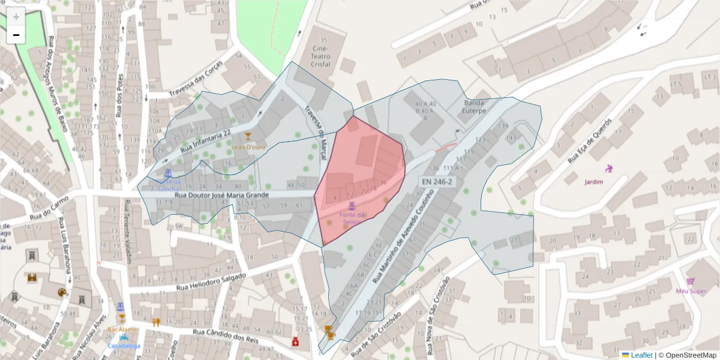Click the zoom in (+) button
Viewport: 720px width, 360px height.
pyautogui.click(x=16, y=17)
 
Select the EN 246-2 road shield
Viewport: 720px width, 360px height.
pyautogui.click(x=437, y=181)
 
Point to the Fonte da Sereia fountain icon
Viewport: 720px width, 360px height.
pyautogui.click(x=352, y=206)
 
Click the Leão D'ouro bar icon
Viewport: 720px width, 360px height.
pyautogui.click(x=247, y=136)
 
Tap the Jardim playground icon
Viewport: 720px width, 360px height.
pyautogui.click(x=610, y=169)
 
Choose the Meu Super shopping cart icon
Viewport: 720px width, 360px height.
pyautogui.click(x=691, y=281)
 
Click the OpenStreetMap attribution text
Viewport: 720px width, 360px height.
pyautogui.click(x=688, y=355)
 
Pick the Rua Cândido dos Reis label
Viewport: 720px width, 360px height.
pyautogui.click(x=225, y=336)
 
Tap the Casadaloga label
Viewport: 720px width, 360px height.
pyautogui.click(x=124, y=346)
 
